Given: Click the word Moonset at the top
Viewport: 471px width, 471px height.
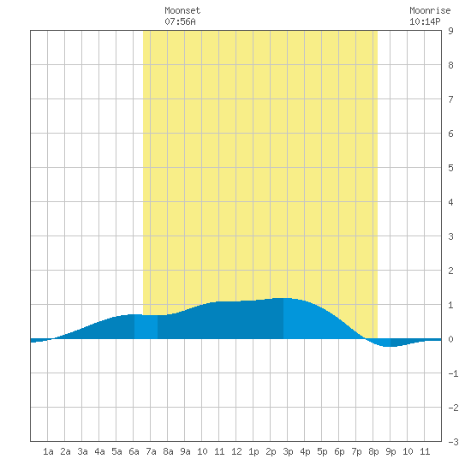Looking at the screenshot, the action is click(x=182, y=11).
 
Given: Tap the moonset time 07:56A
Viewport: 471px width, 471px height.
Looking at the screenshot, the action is click(x=180, y=21).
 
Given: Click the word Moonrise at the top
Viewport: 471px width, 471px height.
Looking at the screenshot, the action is click(x=430, y=11).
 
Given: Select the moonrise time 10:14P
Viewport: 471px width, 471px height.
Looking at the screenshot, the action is click(x=425, y=21).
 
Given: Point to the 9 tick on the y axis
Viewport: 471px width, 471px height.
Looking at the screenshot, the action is click(x=450, y=31).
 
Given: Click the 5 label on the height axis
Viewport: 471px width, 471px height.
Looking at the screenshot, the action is click(x=450, y=168).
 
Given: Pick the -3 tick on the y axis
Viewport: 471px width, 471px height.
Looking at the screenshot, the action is click(x=453, y=442).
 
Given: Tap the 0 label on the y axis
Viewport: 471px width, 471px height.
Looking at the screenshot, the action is click(x=450, y=339).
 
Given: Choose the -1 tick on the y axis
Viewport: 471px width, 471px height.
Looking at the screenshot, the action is click(x=453, y=373).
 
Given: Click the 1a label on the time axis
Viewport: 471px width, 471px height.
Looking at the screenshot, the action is click(x=48, y=451).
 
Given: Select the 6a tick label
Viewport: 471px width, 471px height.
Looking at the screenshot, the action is click(x=134, y=451).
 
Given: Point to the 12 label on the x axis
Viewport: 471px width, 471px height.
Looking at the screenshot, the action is click(x=236, y=451).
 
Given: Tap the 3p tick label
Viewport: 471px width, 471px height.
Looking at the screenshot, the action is click(x=288, y=451).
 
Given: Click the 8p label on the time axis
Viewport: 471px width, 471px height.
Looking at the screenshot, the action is click(x=373, y=451).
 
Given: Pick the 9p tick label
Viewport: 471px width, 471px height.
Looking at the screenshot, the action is click(x=391, y=451).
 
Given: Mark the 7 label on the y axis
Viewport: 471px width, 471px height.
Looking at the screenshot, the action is click(x=450, y=99).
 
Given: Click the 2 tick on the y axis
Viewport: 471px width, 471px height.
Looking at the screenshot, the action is click(x=450, y=271).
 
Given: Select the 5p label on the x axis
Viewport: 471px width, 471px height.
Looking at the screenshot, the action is click(x=322, y=451).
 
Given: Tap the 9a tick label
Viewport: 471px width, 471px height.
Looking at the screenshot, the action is click(x=185, y=451).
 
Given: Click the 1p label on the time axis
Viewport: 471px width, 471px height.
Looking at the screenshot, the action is click(x=253, y=451).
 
